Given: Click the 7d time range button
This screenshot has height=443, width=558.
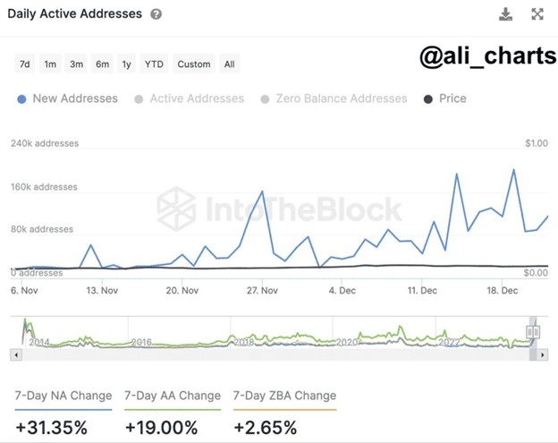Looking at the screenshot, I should coord(25,64).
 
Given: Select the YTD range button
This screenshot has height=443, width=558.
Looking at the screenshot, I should coord(154,64).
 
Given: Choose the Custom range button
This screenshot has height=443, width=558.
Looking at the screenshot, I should coord(194,64).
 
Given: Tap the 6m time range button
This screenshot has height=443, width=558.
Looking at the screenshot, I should coord(103,64).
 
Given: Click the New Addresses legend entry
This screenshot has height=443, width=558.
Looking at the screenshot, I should coord(68,98).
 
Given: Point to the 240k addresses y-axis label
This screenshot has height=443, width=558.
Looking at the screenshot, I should coord(45,143).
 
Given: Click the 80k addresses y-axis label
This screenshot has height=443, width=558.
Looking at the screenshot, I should coord(42,229).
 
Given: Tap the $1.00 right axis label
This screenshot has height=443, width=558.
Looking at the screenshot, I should coord(536,143).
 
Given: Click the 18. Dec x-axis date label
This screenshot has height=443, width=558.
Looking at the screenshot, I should coord(503,290).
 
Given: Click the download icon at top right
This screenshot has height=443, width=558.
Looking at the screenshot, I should coord(506,14).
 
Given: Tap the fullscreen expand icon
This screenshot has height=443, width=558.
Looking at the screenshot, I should coord(537,14).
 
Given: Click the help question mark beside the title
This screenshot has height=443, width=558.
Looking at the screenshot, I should coord(156,14).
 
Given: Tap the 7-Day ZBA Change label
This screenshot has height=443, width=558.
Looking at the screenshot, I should coord(284,396).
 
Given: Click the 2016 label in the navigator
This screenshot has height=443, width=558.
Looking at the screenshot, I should coord(141,342).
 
